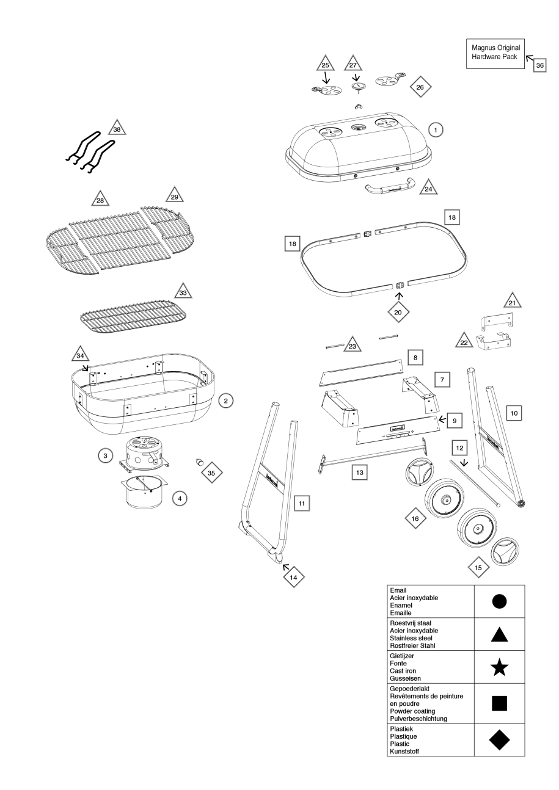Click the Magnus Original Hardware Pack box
tap(495, 51)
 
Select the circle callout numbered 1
tap(434, 129)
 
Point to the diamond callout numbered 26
tap(420, 87)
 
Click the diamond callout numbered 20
tap(398, 310)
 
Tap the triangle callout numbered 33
tap(181, 291)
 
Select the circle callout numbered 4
tap(179, 499)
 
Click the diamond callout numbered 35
tap(212, 472)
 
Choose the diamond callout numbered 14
tap(293, 576)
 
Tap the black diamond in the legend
tap(499, 740)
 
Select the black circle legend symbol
tap(499, 601)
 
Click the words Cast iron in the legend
tap(402, 670)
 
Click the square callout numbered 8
tap(414, 356)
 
